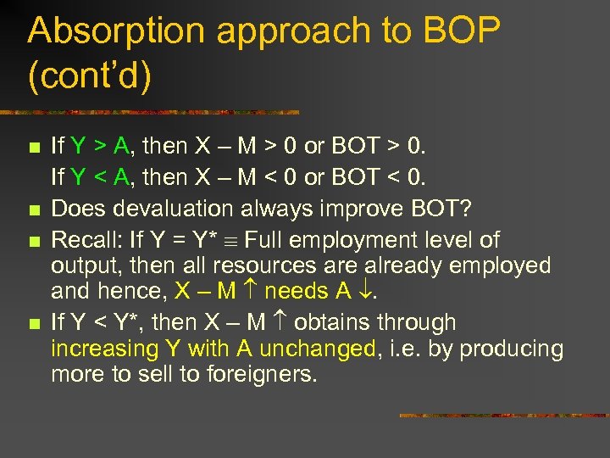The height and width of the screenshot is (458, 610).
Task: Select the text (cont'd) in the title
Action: [x=89, y=76]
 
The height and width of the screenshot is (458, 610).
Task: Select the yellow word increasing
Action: [x=104, y=349]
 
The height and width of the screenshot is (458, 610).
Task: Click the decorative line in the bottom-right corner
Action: [x=503, y=415]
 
